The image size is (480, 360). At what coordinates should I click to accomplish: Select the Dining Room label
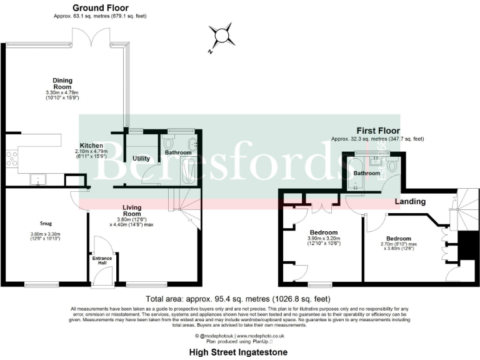click(62, 84)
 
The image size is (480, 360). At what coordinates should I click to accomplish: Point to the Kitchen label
click(91, 145)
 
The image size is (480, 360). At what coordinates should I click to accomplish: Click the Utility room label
click(141, 158)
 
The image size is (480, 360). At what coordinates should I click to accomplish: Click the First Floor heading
click(377, 131)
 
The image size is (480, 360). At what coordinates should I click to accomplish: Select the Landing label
click(410, 201)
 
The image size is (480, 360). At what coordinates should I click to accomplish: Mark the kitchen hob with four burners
click(11, 159)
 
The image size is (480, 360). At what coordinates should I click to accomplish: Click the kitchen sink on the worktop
click(39, 180)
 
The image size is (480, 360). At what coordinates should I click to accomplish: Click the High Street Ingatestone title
click(239, 352)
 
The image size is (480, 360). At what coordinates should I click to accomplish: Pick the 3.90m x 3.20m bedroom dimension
click(323, 241)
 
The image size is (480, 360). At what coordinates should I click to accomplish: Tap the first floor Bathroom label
click(367, 173)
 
